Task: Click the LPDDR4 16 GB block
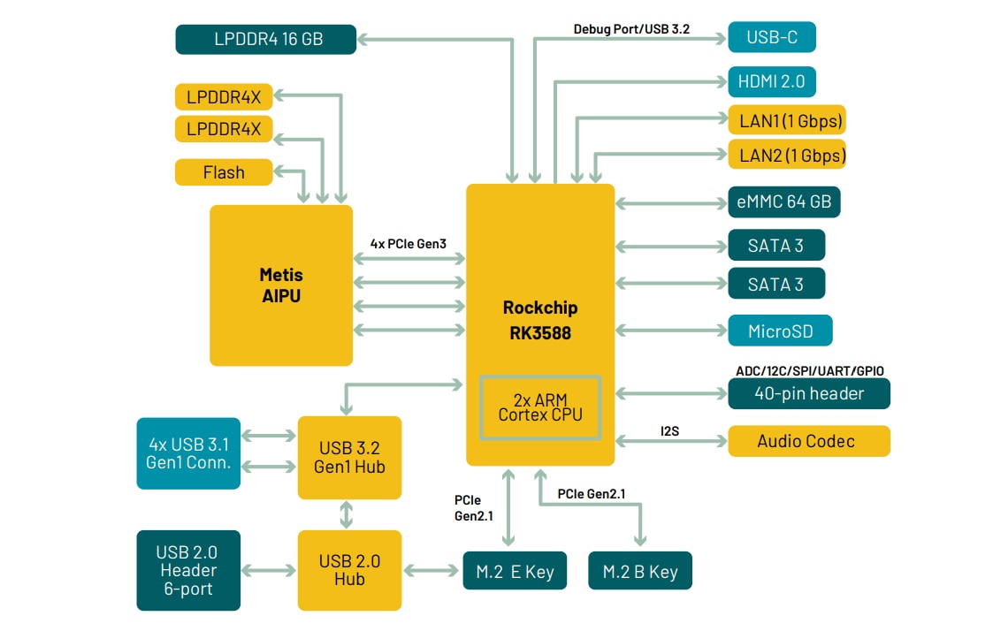266,39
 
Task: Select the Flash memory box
224,172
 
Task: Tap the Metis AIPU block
280,285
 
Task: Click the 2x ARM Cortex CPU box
540,407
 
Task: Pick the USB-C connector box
771,37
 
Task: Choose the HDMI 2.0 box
771,82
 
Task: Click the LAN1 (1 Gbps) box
786,119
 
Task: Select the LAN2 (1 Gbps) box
786,156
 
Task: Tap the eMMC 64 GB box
783,201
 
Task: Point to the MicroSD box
781,331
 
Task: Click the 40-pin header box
808,393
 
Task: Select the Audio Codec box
808,440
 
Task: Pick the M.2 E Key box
515,571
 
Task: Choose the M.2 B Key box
640,571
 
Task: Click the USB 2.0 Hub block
349,570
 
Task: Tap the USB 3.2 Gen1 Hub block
349,457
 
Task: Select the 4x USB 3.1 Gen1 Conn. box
188,452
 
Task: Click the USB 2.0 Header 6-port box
187,570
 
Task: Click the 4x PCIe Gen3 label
408,243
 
